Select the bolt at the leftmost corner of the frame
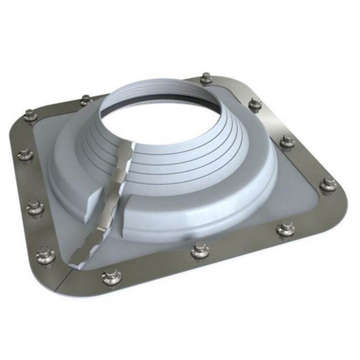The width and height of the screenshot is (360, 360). (30, 115)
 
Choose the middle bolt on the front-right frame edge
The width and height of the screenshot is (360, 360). (200, 250)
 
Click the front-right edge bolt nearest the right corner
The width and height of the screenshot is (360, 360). (286, 229)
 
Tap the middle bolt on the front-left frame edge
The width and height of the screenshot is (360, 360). (35, 206)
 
